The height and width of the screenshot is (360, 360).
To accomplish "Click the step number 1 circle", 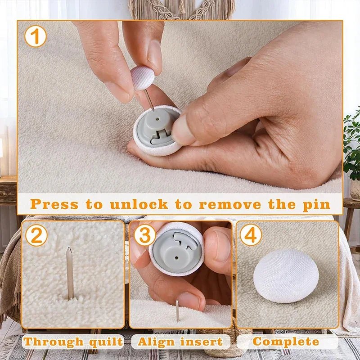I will click(36, 36).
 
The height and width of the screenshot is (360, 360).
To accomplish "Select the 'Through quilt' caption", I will click(73, 342).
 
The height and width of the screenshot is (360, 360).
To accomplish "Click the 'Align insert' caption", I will click(180, 342).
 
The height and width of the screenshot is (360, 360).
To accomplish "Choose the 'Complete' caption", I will click(286, 342).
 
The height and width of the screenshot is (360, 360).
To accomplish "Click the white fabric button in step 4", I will click(286, 275).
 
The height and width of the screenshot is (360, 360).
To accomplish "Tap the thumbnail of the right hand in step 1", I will click(180, 130).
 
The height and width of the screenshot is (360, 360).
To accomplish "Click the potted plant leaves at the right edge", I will click(351, 144).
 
